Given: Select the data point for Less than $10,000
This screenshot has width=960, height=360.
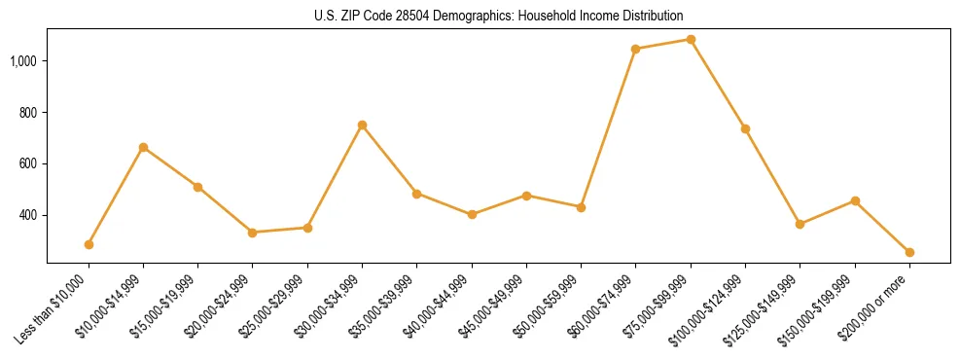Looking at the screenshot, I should point(89,244).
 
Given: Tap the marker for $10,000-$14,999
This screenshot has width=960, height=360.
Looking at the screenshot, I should point(143,147).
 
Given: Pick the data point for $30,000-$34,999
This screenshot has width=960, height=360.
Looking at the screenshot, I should point(362,125).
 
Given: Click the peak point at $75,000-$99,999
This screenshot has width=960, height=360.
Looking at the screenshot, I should point(691,39).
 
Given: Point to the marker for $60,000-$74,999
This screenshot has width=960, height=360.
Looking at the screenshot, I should point(635,49).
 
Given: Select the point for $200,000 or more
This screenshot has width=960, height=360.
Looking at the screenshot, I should point(909,252).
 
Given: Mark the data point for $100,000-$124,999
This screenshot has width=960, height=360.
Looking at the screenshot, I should point(745,128).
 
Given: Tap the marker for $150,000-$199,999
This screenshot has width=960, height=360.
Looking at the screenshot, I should point(855,200).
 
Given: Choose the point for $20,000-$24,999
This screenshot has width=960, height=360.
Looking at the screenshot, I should point(253,233).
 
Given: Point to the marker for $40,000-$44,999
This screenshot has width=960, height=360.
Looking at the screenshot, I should point(472,214).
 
